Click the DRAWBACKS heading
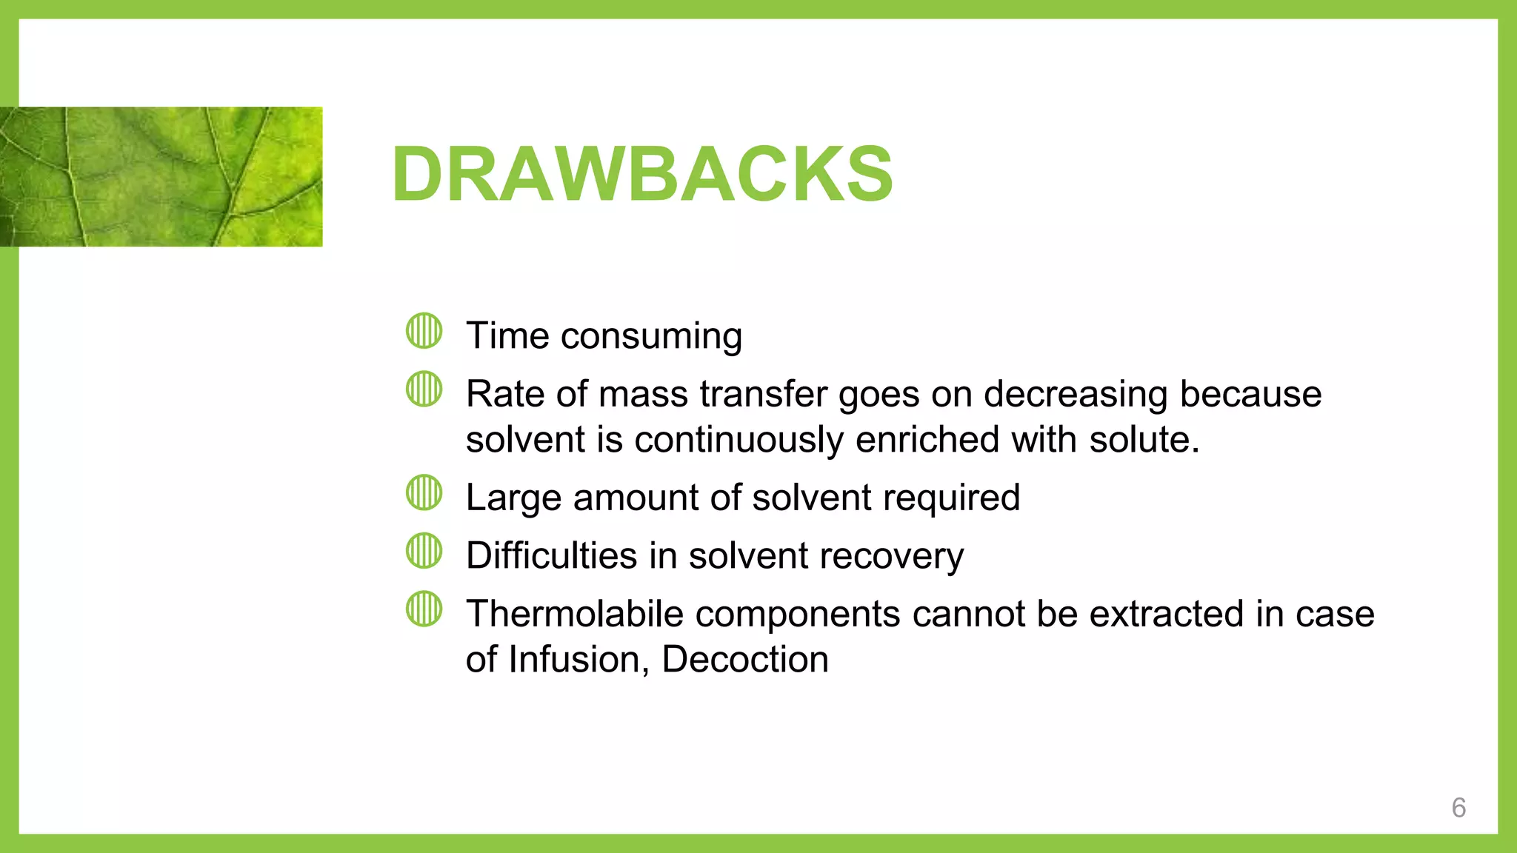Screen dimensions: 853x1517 (642, 174)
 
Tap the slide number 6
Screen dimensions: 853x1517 (1458, 807)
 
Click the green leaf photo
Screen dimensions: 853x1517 (161, 176)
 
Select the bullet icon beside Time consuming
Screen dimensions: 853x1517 (424, 330)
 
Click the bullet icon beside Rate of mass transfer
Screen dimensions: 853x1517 (424, 389)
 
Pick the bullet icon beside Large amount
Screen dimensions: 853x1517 (424, 492)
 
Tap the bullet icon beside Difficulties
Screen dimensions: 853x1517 (424, 551)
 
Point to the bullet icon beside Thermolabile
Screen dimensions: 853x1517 (424, 609)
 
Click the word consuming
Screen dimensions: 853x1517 (651, 337)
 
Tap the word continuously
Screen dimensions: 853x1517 (739, 440)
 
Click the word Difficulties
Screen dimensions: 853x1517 (552, 555)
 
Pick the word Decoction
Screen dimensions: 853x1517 (745, 659)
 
